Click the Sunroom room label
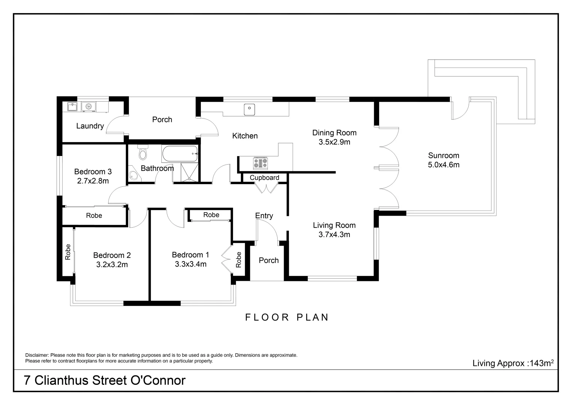[444, 155]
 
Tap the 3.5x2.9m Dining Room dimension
[334, 142]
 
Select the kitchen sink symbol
[249, 109]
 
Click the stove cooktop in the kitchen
[260, 163]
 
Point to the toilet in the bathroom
[142, 153]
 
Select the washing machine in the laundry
[89, 106]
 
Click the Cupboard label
[264, 178]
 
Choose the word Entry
[264, 216]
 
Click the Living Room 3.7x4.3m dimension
[334, 235]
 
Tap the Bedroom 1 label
[190, 255]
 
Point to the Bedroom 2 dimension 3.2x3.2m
[112, 265]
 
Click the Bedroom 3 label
[93, 172]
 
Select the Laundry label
[90, 126]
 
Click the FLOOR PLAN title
[287, 317]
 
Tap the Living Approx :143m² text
[513, 363]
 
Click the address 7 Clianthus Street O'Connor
[105, 380]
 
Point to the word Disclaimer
[37, 355]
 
